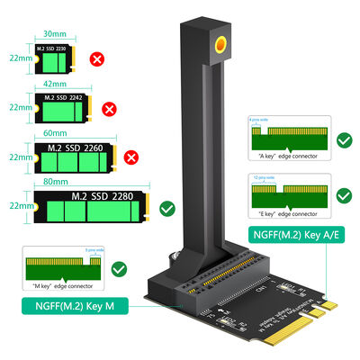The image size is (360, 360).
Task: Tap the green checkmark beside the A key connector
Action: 342,141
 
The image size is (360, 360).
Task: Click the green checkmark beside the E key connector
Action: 342,194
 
